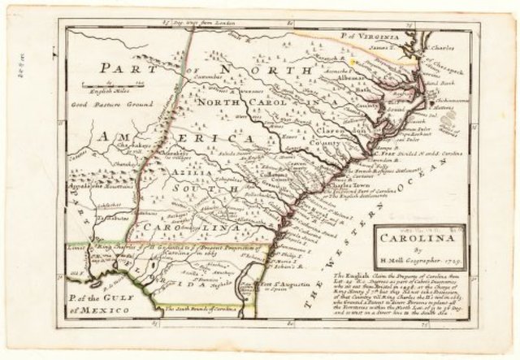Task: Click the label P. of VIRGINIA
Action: pos(373,37)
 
